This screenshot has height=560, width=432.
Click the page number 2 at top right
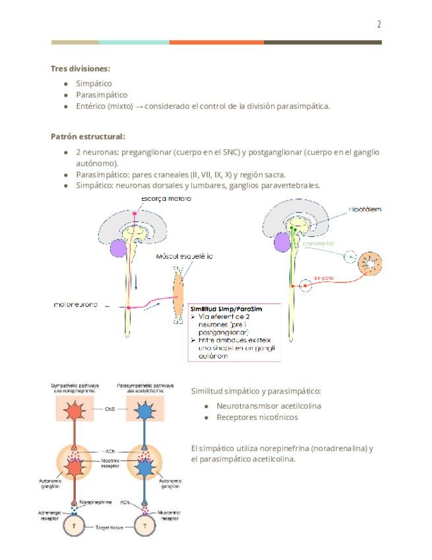pos(379,25)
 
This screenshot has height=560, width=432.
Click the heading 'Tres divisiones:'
pos(80,68)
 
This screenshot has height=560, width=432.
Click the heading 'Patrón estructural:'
pos(88,137)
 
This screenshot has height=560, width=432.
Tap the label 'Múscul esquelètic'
pos(184,256)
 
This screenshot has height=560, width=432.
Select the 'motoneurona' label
pos(76,304)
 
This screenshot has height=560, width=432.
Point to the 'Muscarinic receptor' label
pos(170,514)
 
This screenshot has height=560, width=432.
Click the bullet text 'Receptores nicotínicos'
pos(257,417)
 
